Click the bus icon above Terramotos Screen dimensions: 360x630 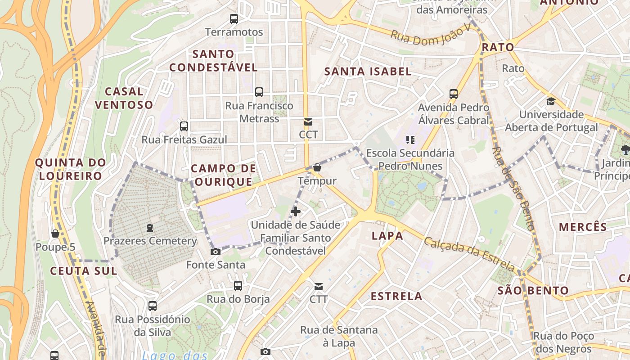[234, 19]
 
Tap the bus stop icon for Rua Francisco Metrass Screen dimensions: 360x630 [259, 92]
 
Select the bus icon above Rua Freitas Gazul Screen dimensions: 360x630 [184, 126]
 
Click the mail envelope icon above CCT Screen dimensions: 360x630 [308, 122]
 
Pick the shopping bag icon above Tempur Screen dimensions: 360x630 [317, 168]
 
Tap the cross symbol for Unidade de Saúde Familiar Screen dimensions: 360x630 [296, 211]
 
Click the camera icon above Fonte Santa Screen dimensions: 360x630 [216, 252]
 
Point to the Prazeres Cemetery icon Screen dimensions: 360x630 [150, 228]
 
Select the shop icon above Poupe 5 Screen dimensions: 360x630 [55, 234]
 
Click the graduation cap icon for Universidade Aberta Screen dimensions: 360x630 [551, 101]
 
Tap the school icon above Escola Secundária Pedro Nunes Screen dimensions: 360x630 [410, 140]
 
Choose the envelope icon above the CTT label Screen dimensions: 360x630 [319, 286]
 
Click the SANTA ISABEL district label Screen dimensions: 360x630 [368, 72]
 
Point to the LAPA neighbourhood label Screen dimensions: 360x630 [387, 236]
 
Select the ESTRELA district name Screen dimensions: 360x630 [396, 296]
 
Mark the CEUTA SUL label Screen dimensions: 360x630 [84, 271]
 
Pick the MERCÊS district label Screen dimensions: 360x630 [583, 227]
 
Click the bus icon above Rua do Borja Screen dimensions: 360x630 [238, 286]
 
